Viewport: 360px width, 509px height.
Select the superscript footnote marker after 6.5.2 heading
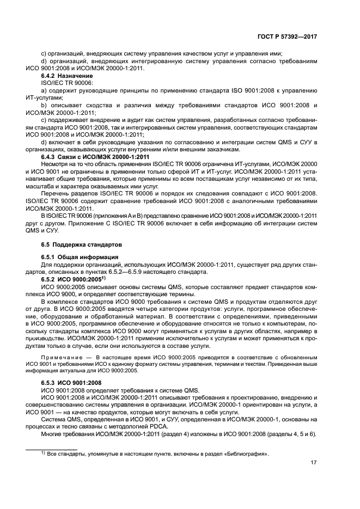click(x=103, y=278)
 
